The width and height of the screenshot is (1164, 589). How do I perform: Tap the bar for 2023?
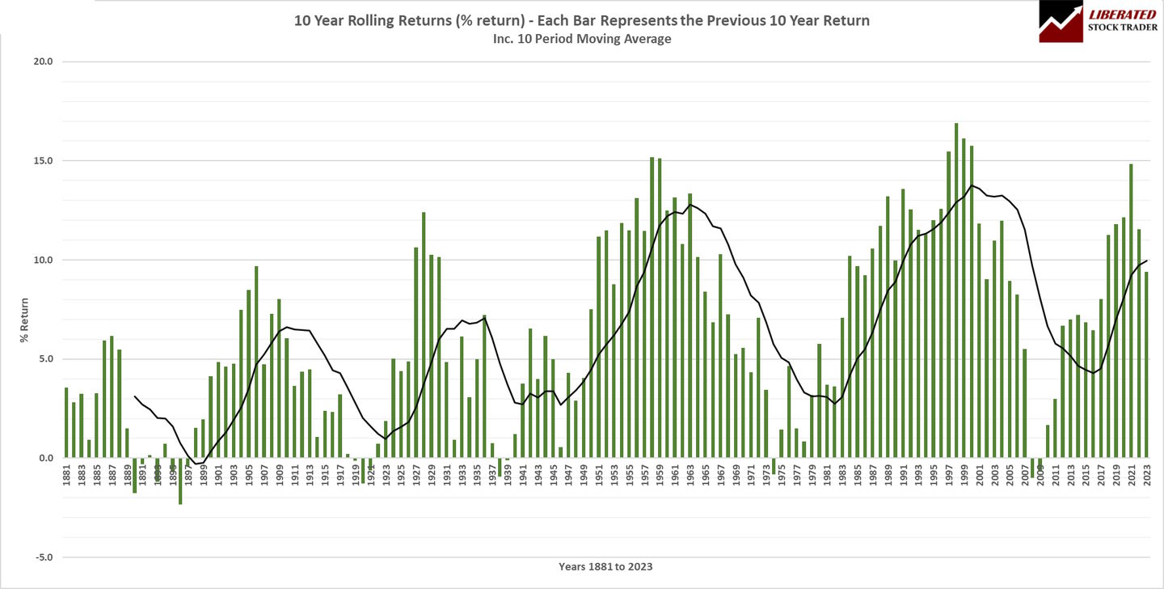[1146, 365]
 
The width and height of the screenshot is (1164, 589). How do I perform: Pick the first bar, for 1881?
[66, 422]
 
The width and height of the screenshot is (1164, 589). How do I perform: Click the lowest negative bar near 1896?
[180, 481]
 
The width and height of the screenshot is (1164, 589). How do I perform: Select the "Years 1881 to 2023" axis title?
[605, 567]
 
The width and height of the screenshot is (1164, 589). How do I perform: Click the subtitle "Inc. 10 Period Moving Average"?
[581, 38]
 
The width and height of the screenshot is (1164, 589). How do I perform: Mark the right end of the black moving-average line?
[1146, 261]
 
